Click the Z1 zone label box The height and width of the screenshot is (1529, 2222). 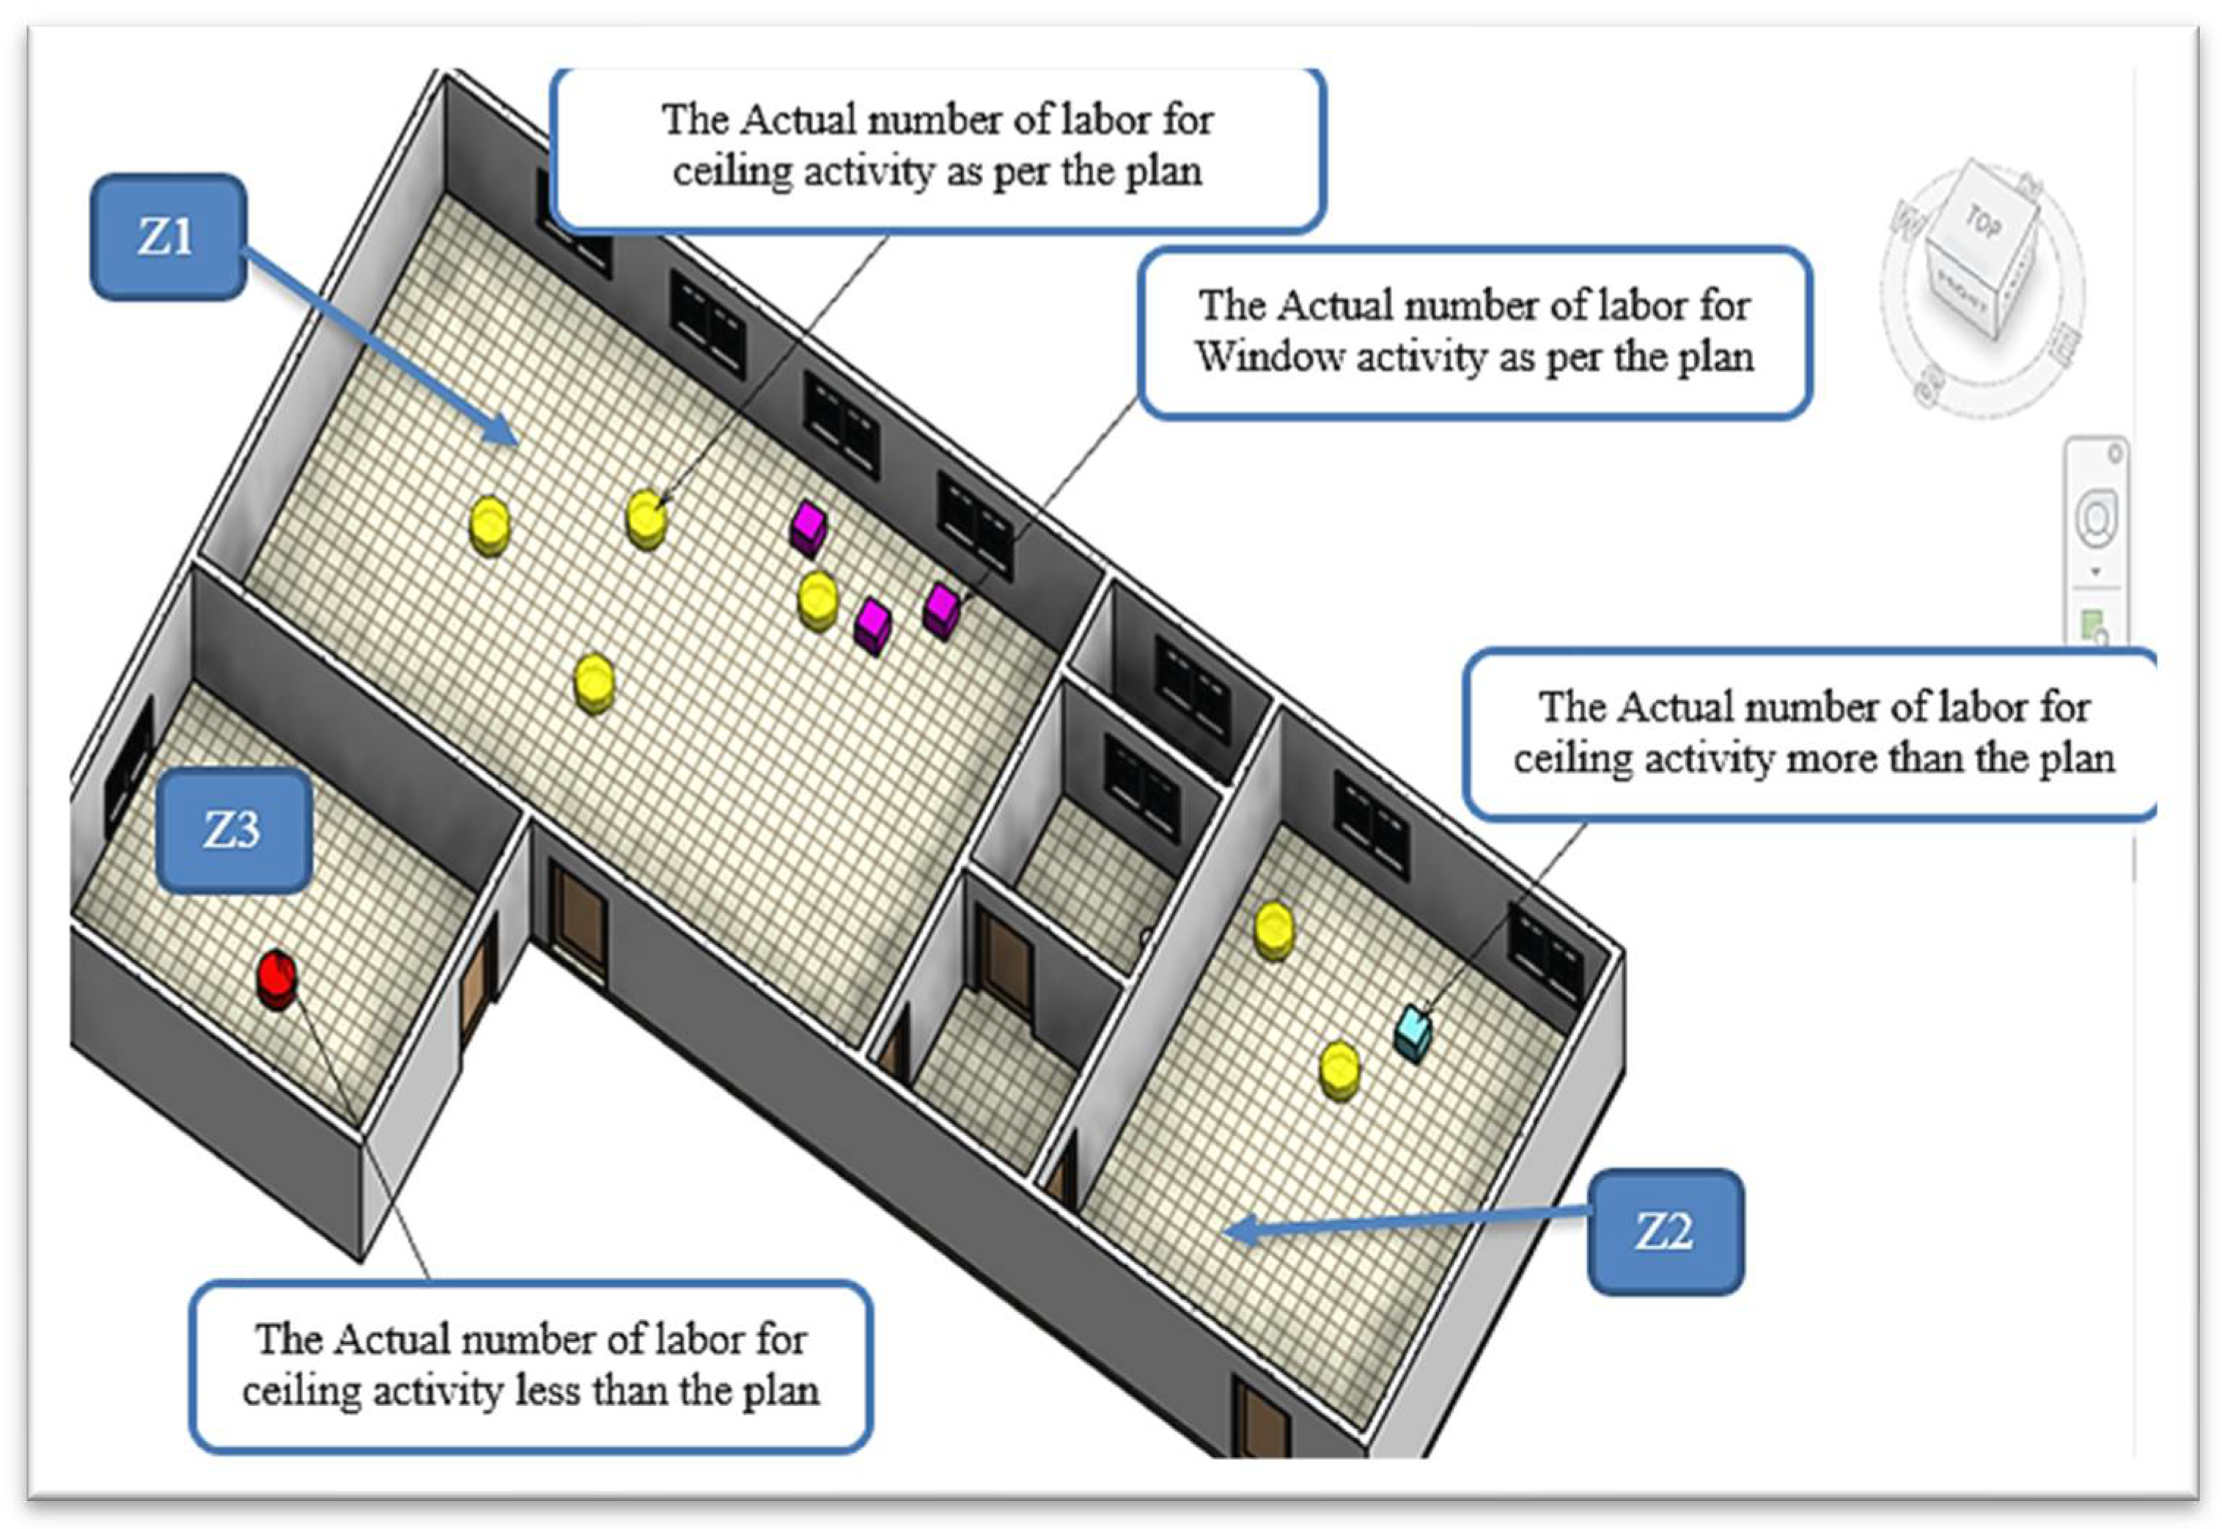[168, 237]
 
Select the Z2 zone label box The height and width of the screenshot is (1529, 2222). [1665, 1232]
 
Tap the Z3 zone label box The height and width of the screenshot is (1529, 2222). [232, 831]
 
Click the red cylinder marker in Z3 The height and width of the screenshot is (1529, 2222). [276, 979]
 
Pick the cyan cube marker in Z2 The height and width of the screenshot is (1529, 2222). [1413, 1032]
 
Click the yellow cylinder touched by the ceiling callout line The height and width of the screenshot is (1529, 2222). [647, 518]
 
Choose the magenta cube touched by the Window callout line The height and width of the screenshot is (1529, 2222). [941, 610]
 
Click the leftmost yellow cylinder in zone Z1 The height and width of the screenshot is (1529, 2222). [490, 525]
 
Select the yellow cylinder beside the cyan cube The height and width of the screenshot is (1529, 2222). [1338, 1070]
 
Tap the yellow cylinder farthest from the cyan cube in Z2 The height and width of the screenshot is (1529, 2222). [1274, 928]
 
